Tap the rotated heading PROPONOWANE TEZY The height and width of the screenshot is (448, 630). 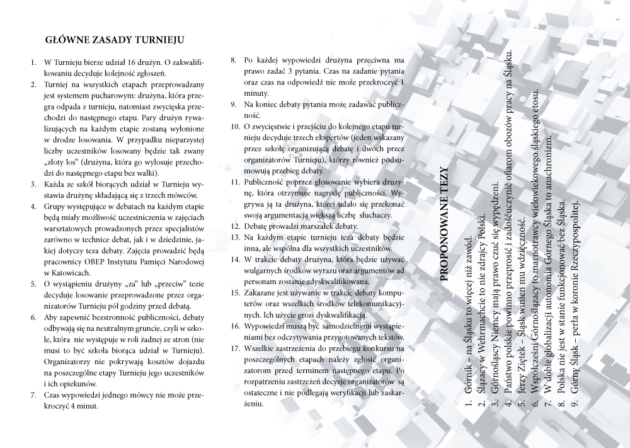445,214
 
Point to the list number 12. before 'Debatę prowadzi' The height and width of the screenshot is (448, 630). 234,226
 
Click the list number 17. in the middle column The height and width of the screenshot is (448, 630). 234,348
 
